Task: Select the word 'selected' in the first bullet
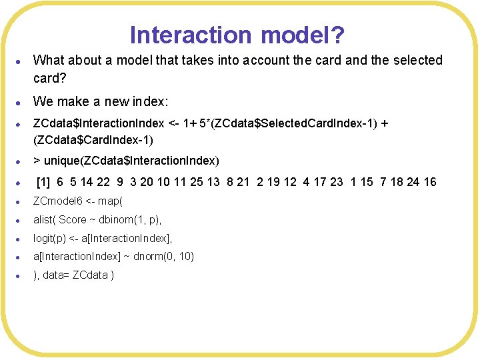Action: pyautogui.click(x=417, y=60)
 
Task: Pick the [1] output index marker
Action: pyautogui.click(x=43, y=181)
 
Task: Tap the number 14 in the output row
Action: pyautogui.click(x=89, y=181)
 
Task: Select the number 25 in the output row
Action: pyautogui.click(x=194, y=181)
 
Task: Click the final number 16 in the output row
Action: pyautogui.click(x=429, y=181)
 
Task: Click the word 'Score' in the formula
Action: pyautogui.click(x=73, y=219)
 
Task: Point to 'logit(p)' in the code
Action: pyautogui.click(x=50, y=238)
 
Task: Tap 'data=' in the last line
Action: pyautogui.click(x=57, y=275)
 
